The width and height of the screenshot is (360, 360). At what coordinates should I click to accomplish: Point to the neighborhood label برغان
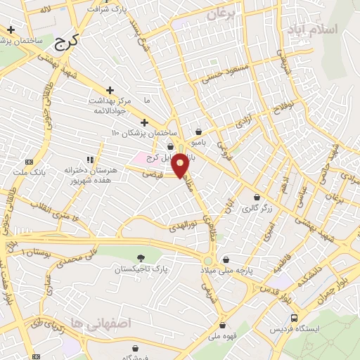point(219,13)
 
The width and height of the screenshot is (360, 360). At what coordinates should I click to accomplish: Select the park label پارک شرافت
point(106,10)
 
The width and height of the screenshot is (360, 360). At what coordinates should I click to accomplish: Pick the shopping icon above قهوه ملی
point(222,326)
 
